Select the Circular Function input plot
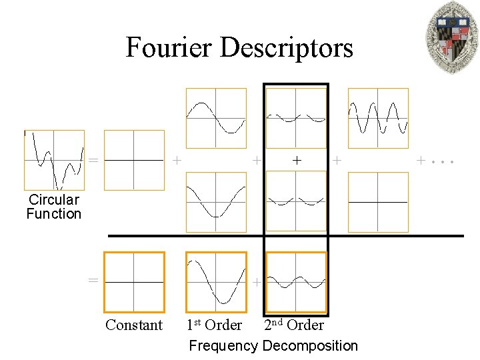point(54,160)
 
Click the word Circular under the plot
point(54,199)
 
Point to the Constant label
point(134,325)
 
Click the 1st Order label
point(214,325)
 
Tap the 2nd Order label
point(294,325)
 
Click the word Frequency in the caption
point(223,345)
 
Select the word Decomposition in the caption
point(310,345)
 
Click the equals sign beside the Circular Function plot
point(93,161)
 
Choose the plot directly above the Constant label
point(134,282)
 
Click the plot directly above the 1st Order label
point(215,282)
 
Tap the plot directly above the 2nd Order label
point(296,282)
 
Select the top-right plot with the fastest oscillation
point(378,118)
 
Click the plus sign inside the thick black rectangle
point(297,161)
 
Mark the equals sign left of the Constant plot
point(93,280)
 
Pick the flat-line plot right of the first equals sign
point(134,160)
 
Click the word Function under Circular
point(54,214)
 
